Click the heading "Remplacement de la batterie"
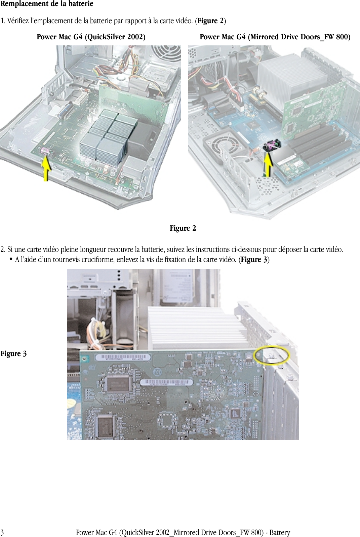coord(47,4)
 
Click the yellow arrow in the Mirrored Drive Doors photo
coord(268,164)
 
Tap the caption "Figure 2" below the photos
coord(183,228)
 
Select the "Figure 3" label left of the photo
coord(13,354)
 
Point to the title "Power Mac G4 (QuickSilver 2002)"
coord(91,37)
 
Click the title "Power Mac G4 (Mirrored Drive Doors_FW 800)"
coord(275,37)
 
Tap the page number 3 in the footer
coord(2,533)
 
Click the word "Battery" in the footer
coord(280,533)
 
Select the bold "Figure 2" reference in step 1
coord(210,21)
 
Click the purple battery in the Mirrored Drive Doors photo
coord(271,146)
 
